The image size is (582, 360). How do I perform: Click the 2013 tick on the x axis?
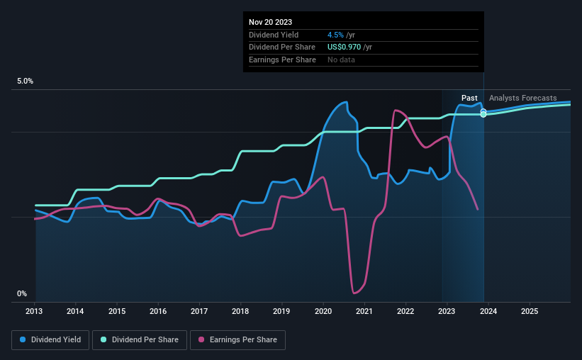35,311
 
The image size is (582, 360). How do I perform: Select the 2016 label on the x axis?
158,311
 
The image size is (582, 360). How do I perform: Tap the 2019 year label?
281,311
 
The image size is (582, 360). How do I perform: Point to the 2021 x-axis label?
364,311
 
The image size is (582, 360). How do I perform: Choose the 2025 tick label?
529,311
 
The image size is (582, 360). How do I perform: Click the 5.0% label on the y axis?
26,81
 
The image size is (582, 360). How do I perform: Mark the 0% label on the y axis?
22,293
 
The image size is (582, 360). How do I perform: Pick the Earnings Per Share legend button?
237,340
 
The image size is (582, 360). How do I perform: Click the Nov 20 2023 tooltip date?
270,22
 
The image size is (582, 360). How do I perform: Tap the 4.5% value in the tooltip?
335,35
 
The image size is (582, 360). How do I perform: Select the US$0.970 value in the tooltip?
344,47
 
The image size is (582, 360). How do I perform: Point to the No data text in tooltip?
341,60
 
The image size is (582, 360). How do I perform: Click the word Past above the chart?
469,98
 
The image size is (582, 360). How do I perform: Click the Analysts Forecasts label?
522,98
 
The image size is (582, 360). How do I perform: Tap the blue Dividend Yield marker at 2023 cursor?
483,111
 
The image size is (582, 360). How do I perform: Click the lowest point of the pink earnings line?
354,292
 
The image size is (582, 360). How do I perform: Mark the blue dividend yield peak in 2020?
345,102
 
